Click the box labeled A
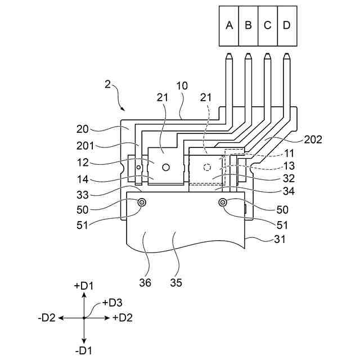point(229,26)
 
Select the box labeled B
point(249,26)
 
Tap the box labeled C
point(268,26)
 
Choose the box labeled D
point(287,26)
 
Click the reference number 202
point(313,139)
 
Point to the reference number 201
point(85,146)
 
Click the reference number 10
point(182,86)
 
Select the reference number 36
point(145,282)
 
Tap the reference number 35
point(176,282)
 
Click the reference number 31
point(280,239)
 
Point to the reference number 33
point(83,195)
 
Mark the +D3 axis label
point(112,303)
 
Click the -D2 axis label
point(47,318)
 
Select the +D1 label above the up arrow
point(84,286)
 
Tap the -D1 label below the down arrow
point(84,351)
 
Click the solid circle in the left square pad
point(166,167)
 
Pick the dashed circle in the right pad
point(208,167)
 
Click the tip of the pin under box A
point(229,53)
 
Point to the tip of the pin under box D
point(286,53)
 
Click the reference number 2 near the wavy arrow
point(107,84)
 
